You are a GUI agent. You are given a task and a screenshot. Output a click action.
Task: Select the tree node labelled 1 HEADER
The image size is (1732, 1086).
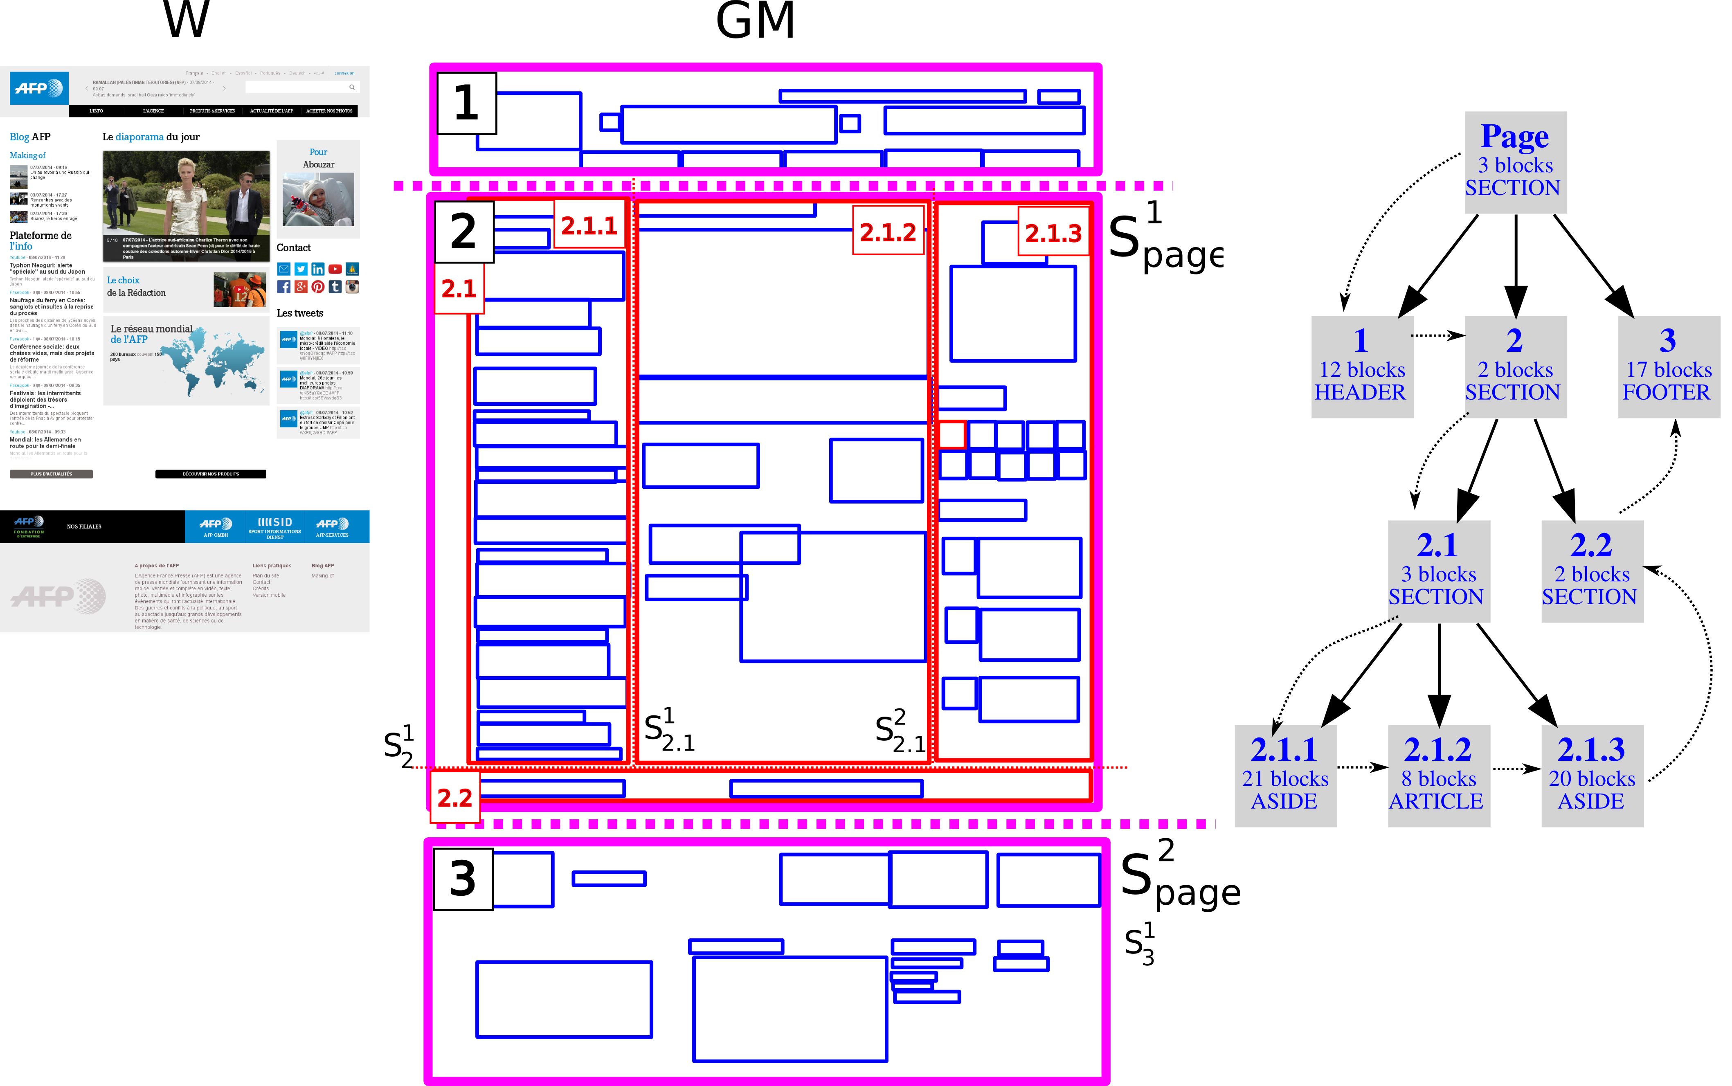click(1361, 367)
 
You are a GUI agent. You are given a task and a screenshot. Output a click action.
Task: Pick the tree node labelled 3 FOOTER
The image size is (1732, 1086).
click(1668, 367)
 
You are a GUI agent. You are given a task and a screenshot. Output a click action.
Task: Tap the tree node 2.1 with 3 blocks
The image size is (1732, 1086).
click(1438, 571)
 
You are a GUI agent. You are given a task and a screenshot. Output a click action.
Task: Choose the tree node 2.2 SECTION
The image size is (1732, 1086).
click(1591, 571)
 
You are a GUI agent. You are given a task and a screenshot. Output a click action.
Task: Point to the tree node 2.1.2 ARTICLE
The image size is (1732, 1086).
click(1438, 776)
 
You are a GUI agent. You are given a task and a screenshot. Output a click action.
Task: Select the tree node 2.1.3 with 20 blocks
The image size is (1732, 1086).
click(1591, 776)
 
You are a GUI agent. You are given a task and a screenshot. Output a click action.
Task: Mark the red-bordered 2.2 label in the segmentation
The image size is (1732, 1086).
click(454, 797)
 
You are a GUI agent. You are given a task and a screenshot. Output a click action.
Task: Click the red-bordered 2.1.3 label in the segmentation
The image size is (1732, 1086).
click(1053, 233)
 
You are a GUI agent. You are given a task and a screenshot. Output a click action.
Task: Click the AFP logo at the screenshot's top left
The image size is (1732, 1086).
click(39, 88)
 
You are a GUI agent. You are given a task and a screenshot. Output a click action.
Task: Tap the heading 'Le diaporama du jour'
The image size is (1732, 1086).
click(151, 137)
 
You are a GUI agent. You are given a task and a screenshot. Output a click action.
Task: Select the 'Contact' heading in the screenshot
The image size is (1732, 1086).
click(294, 248)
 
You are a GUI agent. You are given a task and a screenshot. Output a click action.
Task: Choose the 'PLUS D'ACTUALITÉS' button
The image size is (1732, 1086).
click(51, 474)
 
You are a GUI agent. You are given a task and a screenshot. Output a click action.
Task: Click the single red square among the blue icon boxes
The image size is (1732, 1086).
click(952, 434)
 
